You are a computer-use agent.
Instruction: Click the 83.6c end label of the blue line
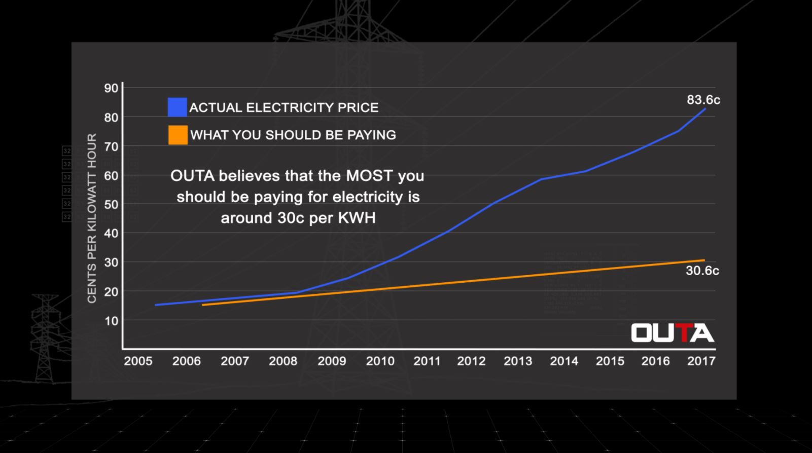tap(703, 100)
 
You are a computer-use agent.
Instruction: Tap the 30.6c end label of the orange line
tap(702, 271)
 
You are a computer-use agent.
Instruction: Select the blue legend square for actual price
tap(178, 107)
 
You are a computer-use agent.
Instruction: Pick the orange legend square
tap(178, 135)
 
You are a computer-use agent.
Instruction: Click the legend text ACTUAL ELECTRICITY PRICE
tap(284, 107)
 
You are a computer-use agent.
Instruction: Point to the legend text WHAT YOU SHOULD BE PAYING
tap(293, 135)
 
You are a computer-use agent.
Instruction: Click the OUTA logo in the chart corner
tap(672, 333)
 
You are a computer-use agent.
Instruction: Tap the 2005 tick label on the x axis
tap(138, 361)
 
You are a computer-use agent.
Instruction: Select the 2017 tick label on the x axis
tap(701, 361)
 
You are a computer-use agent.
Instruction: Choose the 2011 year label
tap(427, 361)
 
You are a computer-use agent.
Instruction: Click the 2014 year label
tap(564, 361)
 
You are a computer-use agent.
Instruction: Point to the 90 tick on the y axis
tap(111, 88)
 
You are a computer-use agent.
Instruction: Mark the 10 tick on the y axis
tap(111, 321)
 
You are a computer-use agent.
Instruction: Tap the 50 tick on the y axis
tap(111, 204)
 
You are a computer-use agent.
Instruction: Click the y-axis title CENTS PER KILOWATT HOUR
tap(92, 218)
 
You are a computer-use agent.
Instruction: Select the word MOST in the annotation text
tap(369, 176)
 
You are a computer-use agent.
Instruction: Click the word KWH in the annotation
tap(359, 218)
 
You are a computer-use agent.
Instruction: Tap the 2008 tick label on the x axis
tap(283, 361)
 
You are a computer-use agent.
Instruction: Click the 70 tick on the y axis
tap(111, 146)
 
